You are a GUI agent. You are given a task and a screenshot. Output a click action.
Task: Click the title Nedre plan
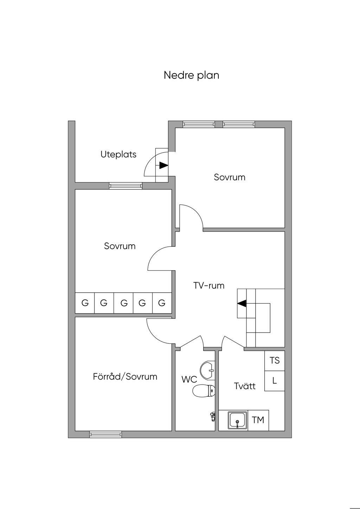[x=191, y=75]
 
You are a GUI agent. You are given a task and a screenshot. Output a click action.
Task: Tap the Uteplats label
[x=118, y=154]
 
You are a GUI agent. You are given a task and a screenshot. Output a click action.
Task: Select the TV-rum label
[x=209, y=285]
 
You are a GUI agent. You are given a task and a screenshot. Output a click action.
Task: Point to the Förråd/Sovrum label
[x=125, y=377]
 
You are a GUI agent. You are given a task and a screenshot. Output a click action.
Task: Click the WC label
[x=189, y=380]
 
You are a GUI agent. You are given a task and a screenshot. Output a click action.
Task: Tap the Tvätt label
[x=245, y=386]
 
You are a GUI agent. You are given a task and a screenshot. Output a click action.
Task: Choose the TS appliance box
[x=275, y=361]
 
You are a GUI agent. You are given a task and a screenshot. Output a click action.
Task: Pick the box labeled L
[x=275, y=381]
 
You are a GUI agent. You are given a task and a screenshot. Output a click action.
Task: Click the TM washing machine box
[x=258, y=420]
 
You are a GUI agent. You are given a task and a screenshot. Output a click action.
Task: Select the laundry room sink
[x=238, y=420]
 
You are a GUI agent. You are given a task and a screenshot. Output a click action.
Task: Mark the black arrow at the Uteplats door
[x=163, y=165]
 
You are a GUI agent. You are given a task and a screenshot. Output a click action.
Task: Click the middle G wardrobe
[x=124, y=303]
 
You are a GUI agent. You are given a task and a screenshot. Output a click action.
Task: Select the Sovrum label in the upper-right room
[x=230, y=177]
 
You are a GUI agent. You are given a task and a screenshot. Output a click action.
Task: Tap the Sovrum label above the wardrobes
[x=120, y=246]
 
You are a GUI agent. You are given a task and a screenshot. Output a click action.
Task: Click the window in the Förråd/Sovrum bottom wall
[x=105, y=434]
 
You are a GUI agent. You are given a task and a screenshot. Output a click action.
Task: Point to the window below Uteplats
[x=126, y=186]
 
